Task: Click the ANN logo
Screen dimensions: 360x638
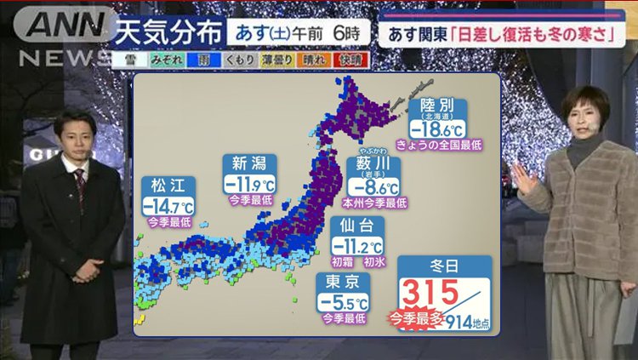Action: click(60, 26)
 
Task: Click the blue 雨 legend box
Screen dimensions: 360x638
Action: click(207, 60)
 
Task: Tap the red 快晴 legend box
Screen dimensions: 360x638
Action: click(350, 60)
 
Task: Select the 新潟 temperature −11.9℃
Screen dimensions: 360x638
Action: click(250, 184)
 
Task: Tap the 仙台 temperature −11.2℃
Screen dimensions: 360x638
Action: click(357, 246)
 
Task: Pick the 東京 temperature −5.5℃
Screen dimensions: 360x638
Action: click(344, 302)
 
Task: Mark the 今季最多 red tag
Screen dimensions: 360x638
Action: click(415, 319)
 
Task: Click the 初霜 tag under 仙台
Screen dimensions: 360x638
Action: click(341, 261)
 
